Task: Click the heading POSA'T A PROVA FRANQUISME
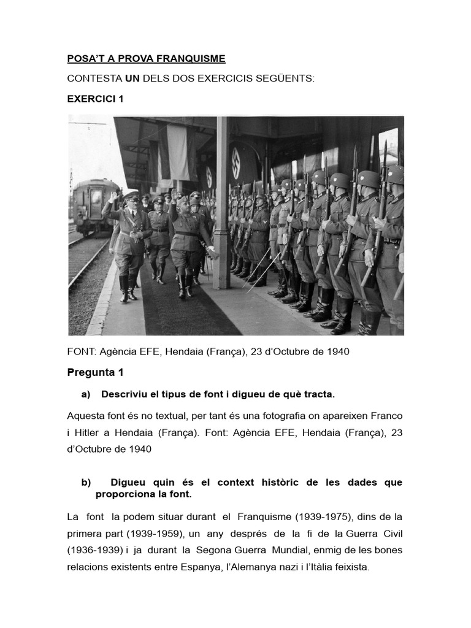point(146,59)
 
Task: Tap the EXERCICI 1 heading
point(95,99)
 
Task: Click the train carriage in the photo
point(94,206)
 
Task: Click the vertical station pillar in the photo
point(221,202)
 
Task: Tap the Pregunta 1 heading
point(95,372)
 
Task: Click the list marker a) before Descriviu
point(86,394)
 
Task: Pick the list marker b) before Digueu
point(86,483)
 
